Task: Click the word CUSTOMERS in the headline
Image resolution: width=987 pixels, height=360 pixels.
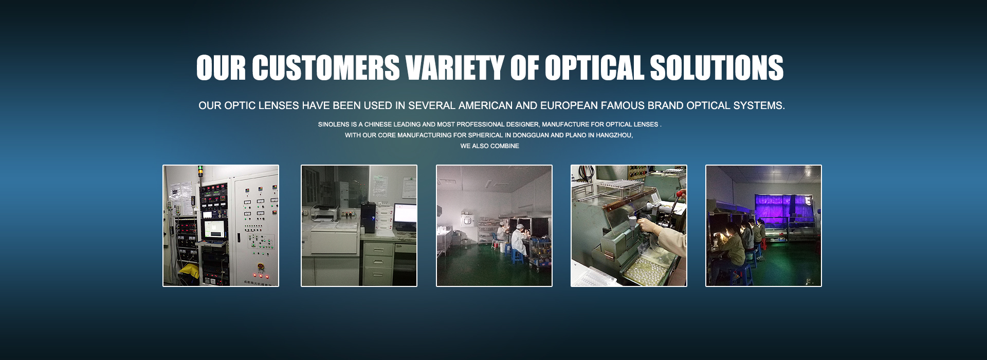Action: (325, 68)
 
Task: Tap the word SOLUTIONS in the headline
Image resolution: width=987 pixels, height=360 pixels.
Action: (717, 68)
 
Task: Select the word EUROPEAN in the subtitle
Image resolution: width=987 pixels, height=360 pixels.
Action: (569, 105)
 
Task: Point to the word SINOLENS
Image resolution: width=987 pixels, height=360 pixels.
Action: (334, 124)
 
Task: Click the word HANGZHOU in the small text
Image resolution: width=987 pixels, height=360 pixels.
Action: (614, 135)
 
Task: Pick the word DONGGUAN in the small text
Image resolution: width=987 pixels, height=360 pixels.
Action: (531, 135)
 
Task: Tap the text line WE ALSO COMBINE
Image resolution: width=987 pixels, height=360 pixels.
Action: (490, 146)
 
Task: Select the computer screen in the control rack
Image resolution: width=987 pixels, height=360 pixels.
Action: (214, 229)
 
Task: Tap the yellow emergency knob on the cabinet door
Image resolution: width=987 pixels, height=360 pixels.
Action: (260, 266)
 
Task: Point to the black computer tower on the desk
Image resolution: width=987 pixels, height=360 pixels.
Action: (369, 218)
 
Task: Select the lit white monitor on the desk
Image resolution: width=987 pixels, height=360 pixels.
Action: (406, 213)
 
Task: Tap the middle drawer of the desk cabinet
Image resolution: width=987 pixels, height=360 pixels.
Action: (379, 261)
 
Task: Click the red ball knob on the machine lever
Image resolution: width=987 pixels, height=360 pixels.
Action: (682, 194)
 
